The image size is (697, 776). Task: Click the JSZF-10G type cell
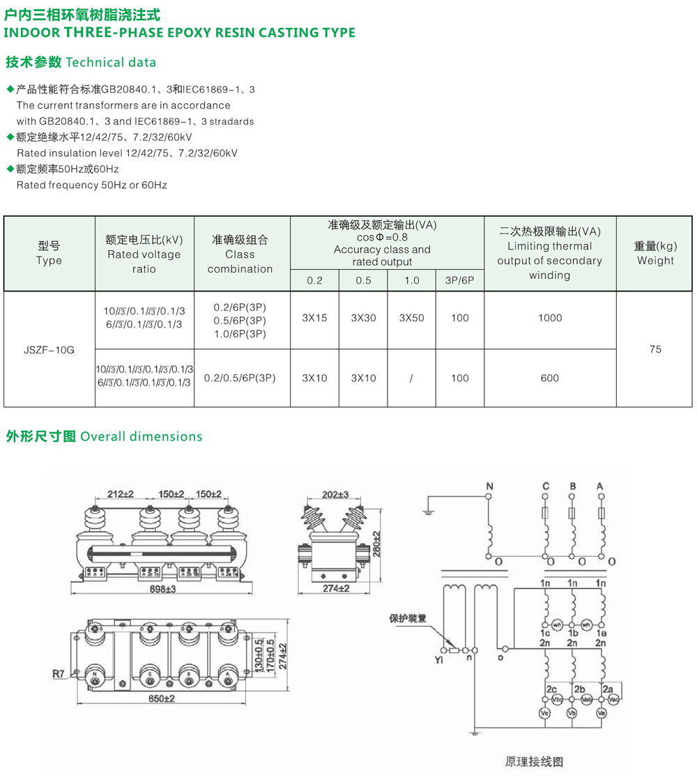coord(49,349)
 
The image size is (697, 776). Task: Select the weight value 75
coord(654,349)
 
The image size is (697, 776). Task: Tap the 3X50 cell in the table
coord(411,318)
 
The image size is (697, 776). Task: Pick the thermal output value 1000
coord(549,318)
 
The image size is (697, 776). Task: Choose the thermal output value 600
coord(549,378)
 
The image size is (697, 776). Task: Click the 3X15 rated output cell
coord(314,318)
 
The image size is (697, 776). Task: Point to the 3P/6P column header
coord(459,280)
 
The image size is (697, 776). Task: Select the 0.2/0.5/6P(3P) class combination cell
coord(240,378)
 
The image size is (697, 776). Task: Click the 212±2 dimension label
coord(121,494)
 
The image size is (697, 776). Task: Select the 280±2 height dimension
coord(377,544)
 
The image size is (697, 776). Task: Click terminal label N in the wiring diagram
coord(489,486)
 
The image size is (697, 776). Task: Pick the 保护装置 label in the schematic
coord(408,618)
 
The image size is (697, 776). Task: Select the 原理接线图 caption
coord(533,761)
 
